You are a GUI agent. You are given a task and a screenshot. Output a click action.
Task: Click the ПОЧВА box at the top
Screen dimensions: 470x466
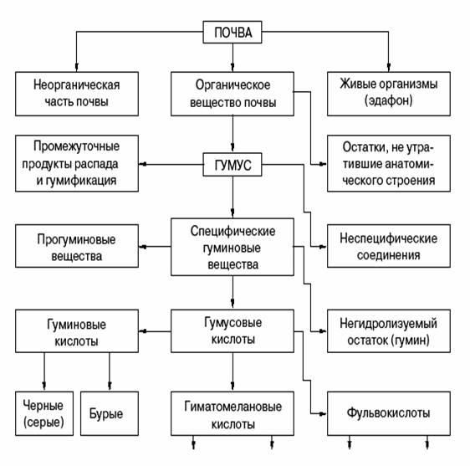click(x=232, y=32)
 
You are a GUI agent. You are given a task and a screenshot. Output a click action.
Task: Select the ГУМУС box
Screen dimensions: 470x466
click(x=232, y=165)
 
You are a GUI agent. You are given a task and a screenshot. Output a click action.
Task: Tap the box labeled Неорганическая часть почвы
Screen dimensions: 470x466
click(x=77, y=94)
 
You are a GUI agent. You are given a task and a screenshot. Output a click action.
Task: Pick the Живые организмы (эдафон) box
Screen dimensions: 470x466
click(x=389, y=94)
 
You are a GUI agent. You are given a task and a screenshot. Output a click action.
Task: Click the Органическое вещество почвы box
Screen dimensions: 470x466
click(x=232, y=94)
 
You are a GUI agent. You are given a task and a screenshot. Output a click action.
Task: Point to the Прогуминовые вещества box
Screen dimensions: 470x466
click(x=77, y=246)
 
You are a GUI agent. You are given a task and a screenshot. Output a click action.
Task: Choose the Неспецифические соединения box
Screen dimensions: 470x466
click(x=389, y=246)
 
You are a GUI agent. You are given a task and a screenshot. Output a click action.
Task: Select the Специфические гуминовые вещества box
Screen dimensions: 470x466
click(x=232, y=247)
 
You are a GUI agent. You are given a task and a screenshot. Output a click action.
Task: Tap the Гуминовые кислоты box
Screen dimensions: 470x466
click(x=77, y=331)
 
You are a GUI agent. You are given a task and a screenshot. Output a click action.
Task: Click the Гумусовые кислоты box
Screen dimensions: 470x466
click(x=232, y=331)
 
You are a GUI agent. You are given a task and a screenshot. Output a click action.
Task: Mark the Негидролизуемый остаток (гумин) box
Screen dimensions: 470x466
click(x=389, y=331)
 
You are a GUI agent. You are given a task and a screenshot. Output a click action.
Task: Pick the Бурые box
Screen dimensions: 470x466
click(x=110, y=413)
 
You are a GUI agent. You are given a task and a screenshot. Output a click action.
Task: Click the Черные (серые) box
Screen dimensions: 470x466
click(x=44, y=413)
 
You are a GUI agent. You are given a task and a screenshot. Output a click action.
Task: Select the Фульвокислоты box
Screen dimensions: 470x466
click(x=389, y=413)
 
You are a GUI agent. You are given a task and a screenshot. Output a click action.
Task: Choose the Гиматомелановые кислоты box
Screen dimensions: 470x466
click(x=232, y=413)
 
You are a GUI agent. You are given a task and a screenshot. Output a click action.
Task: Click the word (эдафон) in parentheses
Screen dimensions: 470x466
click(x=389, y=100)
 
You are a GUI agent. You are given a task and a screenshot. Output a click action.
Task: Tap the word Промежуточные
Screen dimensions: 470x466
click(x=76, y=146)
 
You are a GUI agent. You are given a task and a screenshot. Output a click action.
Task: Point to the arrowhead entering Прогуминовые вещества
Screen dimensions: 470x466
click(x=142, y=247)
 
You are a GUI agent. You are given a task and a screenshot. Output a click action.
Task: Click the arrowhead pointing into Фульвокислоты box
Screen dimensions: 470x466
click(x=323, y=414)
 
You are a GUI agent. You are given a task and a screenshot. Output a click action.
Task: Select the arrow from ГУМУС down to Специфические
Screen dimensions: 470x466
click(x=232, y=197)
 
